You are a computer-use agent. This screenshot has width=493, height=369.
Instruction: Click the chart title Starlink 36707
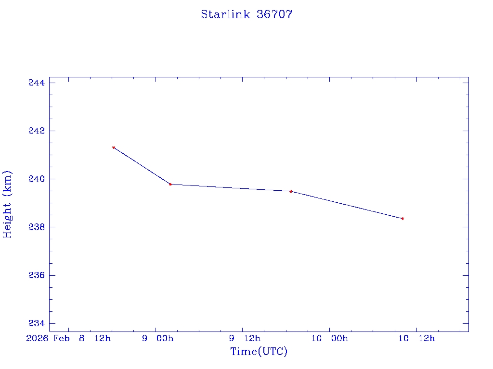(x=246, y=14)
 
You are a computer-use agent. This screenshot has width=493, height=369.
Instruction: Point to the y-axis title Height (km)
(x=7, y=204)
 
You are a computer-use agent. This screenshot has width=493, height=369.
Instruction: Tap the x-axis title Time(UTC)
(x=259, y=352)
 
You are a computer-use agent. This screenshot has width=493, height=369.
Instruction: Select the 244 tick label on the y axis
(x=37, y=83)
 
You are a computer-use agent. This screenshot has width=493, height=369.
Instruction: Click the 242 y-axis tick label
(x=37, y=131)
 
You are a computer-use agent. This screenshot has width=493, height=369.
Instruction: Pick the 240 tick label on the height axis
(x=37, y=179)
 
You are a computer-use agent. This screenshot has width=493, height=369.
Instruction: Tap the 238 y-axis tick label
(x=37, y=227)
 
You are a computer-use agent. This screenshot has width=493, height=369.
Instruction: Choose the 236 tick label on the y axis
(x=37, y=275)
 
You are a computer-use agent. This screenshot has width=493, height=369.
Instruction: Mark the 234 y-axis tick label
(x=37, y=323)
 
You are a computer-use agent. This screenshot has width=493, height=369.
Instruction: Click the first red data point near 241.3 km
(x=114, y=148)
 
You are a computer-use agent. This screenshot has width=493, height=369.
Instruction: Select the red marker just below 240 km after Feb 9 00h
(x=170, y=184)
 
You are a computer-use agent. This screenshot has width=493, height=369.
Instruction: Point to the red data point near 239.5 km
(x=291, y=191)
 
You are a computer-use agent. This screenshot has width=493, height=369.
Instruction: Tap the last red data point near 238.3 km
(x=402, y=219)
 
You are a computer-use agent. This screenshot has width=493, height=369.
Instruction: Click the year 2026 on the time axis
(x=37, y=338)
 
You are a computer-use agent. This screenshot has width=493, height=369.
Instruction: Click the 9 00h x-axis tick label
(x=157, y=338)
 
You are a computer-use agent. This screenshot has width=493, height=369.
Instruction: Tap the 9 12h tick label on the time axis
(x=245, y=338)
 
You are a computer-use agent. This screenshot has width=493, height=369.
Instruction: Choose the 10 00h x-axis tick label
(x=329, y=338)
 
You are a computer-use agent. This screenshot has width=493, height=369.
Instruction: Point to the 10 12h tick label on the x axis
(x=416, y=338)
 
